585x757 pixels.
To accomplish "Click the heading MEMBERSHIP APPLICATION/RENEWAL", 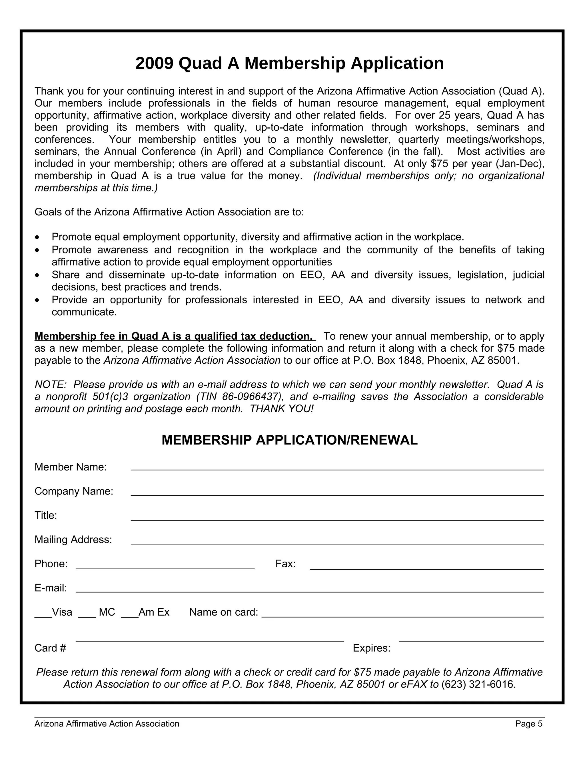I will coord(289,440).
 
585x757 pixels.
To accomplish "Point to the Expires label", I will coord(372,648).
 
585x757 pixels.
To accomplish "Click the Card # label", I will coord(50,648).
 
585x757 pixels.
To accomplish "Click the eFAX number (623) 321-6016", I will coord(478,684).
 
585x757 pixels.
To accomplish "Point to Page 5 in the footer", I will coord(528,724).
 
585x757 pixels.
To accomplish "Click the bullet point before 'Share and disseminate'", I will coord(37,276).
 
